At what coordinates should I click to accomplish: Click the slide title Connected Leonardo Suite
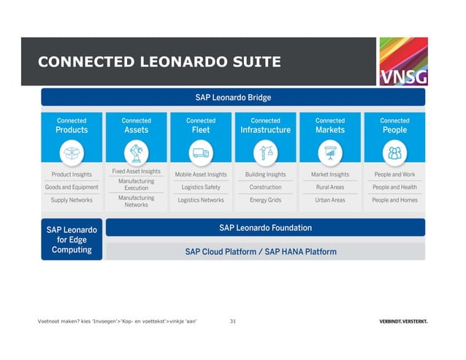coord(159,62)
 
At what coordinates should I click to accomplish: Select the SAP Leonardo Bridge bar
coord(233,97)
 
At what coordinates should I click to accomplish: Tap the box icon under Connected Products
coord(72,152)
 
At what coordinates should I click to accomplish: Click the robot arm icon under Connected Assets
coord(136,152)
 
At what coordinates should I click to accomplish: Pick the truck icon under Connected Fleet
coord(201,152)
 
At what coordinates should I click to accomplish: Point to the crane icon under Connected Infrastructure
coord(265,152)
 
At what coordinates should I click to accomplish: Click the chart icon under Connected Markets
coord(330,152)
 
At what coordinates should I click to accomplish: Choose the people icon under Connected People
coord(394,152)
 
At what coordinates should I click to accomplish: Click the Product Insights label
coord(72,175)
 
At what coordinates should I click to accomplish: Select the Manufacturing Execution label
coord(136,184)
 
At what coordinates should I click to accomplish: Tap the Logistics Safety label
coord(201,187)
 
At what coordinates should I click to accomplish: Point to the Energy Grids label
coord(265,200)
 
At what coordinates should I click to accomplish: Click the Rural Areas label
coord(330,187)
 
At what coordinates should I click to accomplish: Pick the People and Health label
coord(394,187)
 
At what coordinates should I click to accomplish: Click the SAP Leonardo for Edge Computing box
coord(72,240)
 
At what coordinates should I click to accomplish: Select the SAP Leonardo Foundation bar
coord(265,228)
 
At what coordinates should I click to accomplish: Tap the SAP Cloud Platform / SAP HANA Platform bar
coord(265,252)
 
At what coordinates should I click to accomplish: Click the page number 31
coord(233,321)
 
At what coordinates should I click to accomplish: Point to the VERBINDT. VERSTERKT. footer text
coord(403,322)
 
